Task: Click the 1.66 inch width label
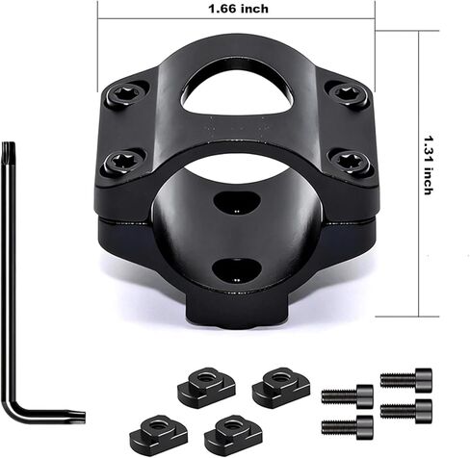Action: (x=239, y=9)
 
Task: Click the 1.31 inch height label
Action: (x=429, y=165)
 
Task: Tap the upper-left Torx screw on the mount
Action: (x=128, y=94)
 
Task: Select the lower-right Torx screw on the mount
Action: (x=351, y=160)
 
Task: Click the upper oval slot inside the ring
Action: (x=237, y=202)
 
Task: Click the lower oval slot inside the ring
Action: (x=237, y=270)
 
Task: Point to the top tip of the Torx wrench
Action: (x=9, y=143)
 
